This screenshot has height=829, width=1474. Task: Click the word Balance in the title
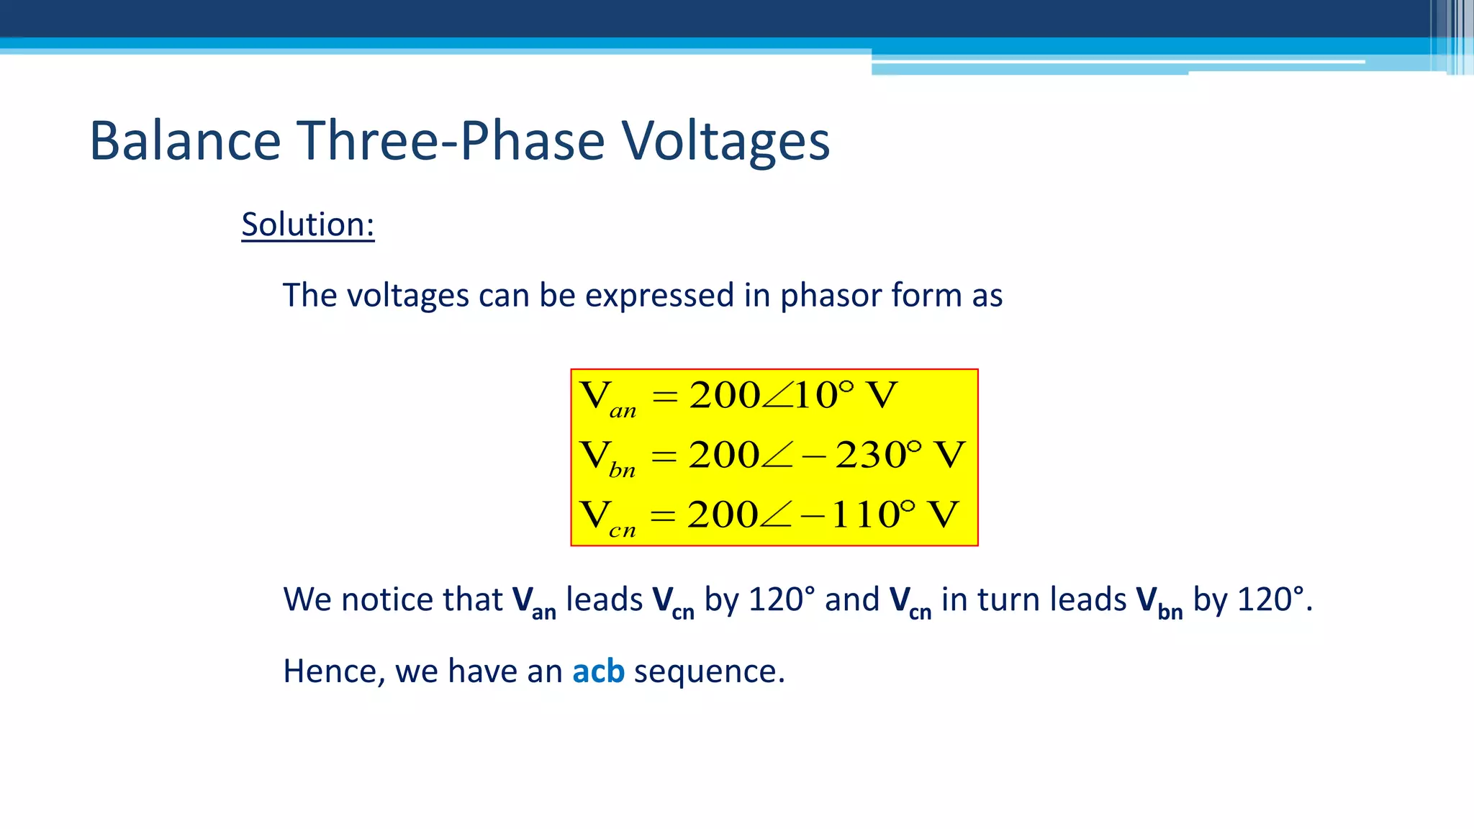coord(184,141)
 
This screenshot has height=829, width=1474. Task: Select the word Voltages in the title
coord(725,141)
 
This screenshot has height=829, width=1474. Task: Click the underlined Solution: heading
coord(307,225)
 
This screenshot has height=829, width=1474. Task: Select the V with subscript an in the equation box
coord(607,398)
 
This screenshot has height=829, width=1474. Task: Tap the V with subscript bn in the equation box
coord(607,458)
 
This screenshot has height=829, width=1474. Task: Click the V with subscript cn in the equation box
coord(607,517)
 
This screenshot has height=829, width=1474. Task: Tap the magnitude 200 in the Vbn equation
coord(723,455)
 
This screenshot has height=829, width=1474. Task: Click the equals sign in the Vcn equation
coord(663,515)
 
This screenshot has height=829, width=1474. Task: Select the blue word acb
coord(598,671)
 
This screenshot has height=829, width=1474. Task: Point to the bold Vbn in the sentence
coord(1159,602)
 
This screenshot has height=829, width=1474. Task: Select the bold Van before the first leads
coord(533,602)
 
